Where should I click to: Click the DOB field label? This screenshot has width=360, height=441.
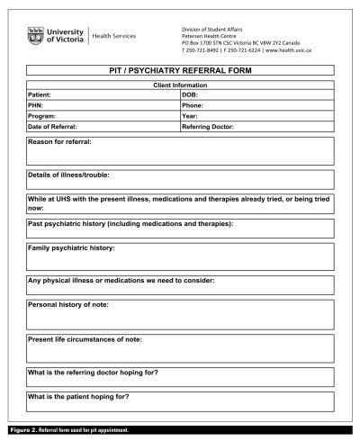point(194,94)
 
